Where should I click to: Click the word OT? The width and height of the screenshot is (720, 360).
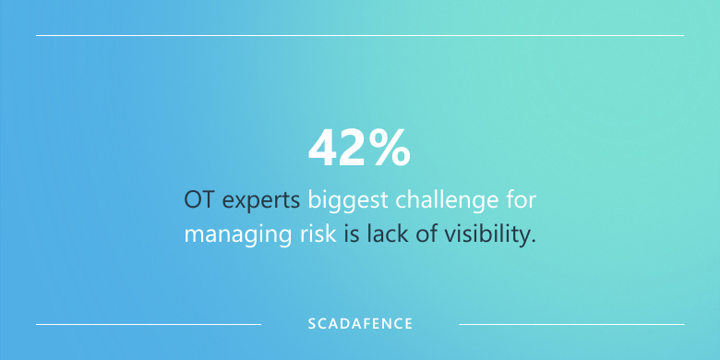click(x=198, y=199)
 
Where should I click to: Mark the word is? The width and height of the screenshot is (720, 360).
click(x=352, y=234)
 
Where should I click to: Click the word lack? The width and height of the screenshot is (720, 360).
click(x=386, y=234)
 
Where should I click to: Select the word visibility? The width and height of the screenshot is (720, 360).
click(x=485, y=234)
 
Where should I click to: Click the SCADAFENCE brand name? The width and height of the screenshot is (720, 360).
click(x=360, y=324)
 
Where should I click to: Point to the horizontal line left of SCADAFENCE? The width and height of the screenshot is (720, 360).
click(x=148, y=324)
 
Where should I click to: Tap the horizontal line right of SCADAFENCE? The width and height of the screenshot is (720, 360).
click(x=571, y=324)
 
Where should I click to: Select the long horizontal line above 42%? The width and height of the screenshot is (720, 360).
click(x=360, y=35)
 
